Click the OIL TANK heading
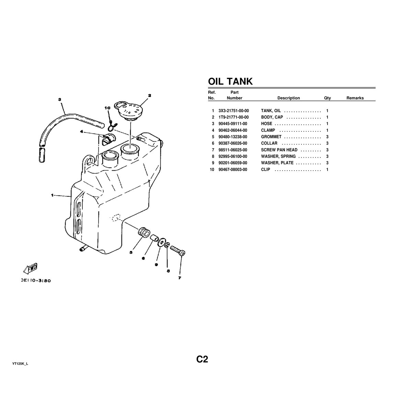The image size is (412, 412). tap(230, 81)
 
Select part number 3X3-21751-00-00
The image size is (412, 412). tap(233, 111)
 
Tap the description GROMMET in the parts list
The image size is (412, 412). tap(271, 137)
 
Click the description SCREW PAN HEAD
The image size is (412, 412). tap(279, 150)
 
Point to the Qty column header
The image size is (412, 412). tap(327, 98)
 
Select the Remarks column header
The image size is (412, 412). tap(355, 98)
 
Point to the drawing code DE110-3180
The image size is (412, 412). tap(36, 281)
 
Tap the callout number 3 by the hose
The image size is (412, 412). tap(60, 100)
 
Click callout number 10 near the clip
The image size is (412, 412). tap(107, 108)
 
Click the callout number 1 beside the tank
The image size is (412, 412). tap(52, 195)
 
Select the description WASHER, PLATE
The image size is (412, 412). tap(277, 163)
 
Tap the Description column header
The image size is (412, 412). tap(288, 98)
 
